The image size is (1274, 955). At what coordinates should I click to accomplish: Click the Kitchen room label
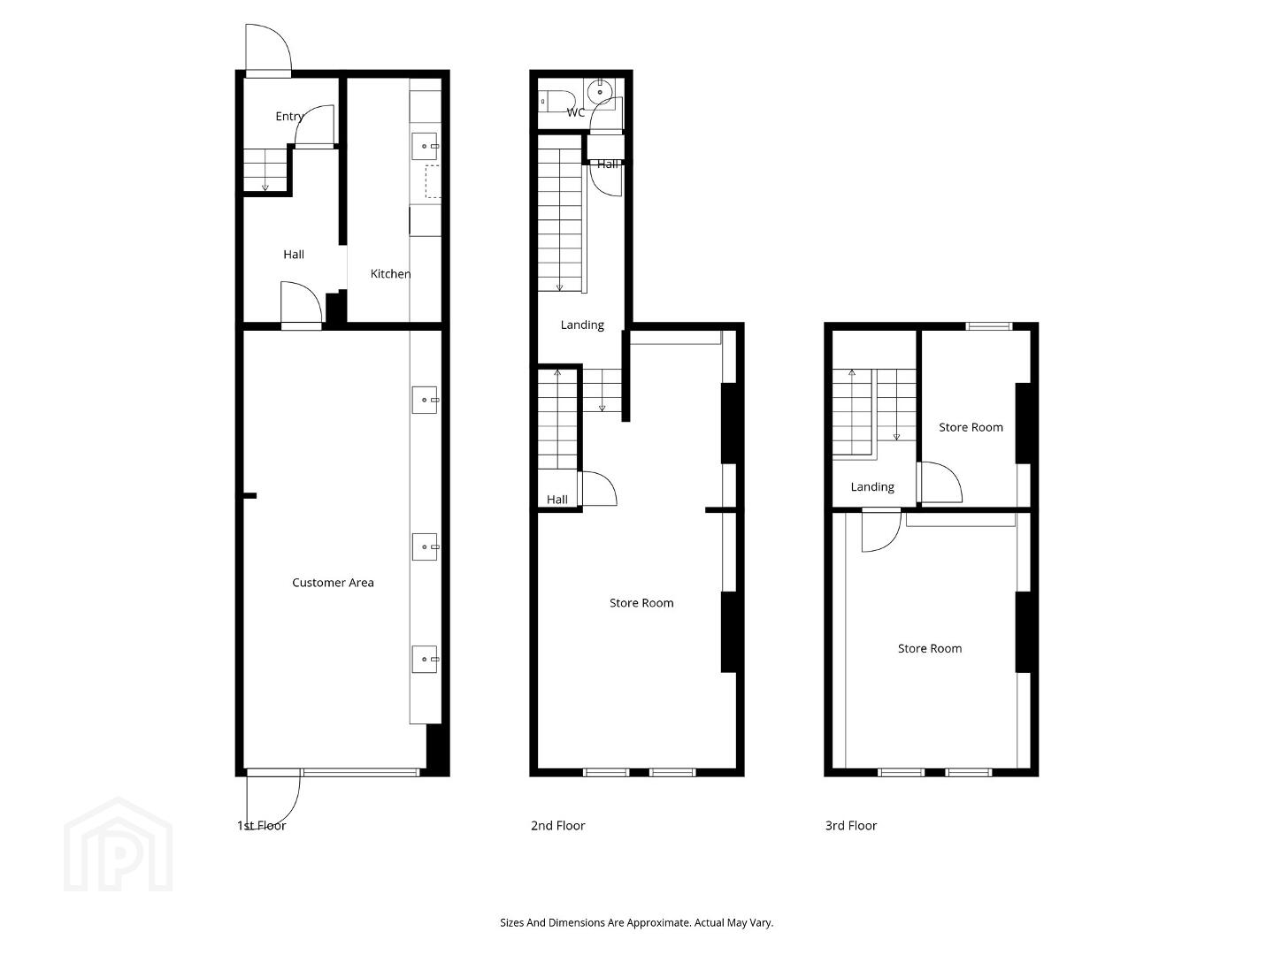point(390,274)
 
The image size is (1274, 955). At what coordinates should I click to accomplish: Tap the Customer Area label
point(333,583)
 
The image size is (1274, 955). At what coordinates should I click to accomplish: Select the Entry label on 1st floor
point(289,117)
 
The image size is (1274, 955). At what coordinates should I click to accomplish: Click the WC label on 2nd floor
point(576,112)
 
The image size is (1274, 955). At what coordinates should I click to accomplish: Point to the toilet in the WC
point(556,101)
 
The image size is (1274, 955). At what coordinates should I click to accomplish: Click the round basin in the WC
point(600,92)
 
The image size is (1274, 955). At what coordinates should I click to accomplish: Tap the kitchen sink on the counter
point(425,146)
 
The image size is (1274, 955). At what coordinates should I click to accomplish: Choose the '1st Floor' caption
point(261,826)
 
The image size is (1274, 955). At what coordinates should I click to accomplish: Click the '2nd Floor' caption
point(557,826)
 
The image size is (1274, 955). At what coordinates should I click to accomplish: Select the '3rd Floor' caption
point(851,826)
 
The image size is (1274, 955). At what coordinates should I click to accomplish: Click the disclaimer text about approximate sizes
point(637,922)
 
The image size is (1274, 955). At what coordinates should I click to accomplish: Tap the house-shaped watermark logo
point(118,844)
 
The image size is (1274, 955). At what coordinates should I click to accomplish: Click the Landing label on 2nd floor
point(582,325)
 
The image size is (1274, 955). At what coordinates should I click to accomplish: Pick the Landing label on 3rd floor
point(872,487)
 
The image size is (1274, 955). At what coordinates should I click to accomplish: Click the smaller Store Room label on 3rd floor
point(971,427)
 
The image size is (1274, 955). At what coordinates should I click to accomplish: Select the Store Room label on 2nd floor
point(641,603)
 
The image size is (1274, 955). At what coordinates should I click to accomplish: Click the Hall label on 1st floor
point(294,255)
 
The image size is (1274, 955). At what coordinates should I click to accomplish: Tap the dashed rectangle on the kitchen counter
point(433,181)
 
